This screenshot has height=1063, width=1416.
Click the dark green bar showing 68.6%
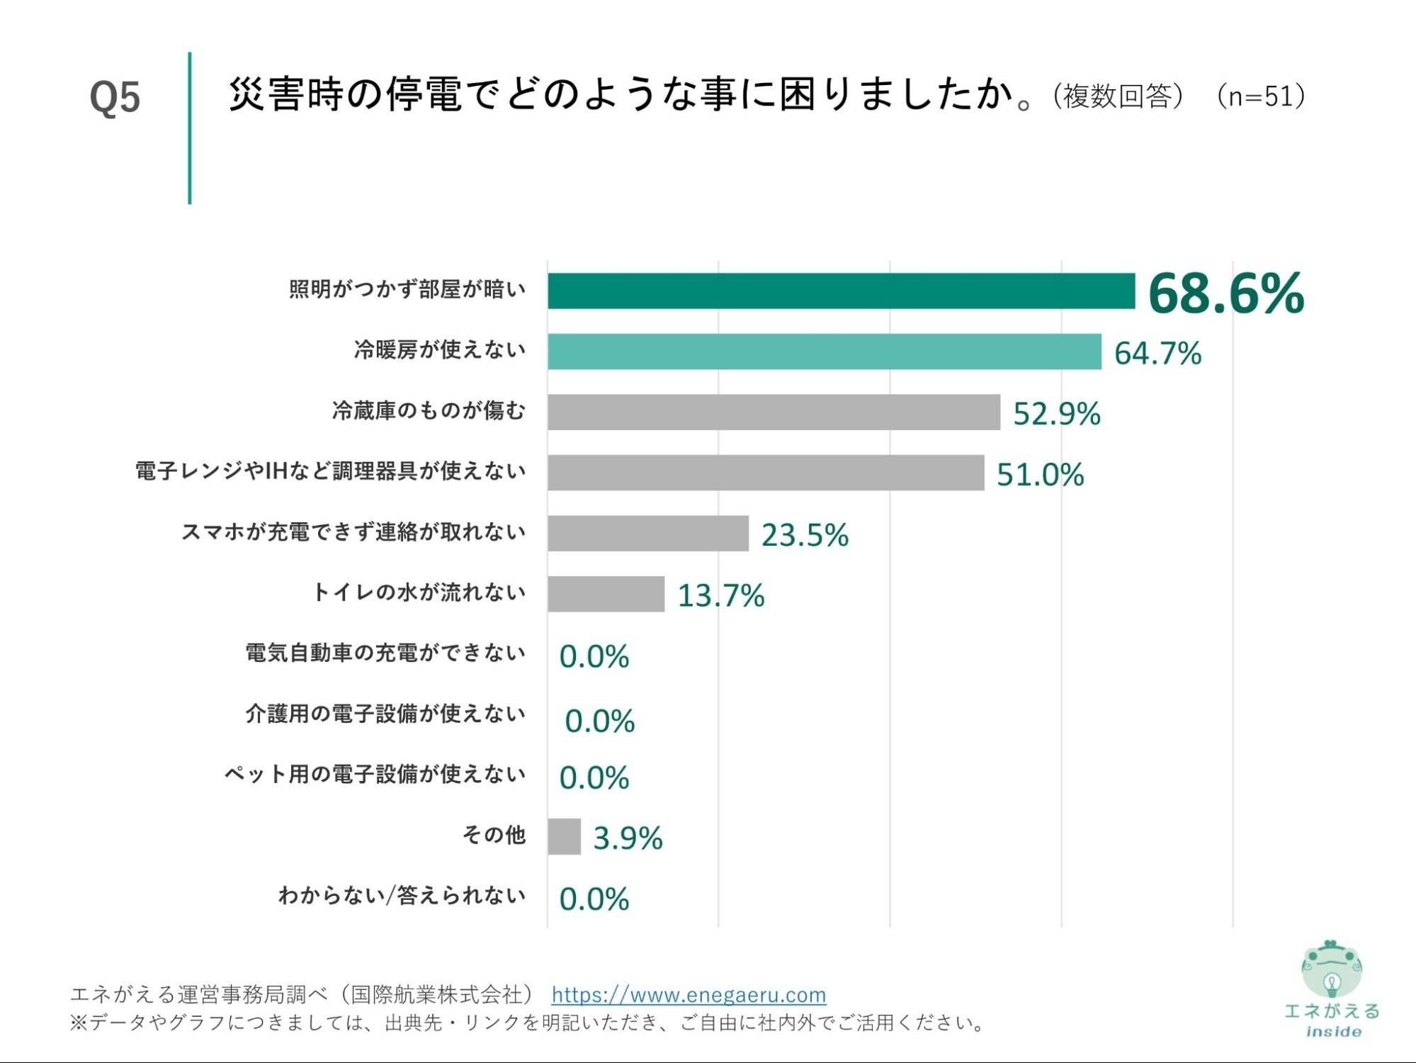(841, 291)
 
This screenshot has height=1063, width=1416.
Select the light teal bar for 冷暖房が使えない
(824, 351)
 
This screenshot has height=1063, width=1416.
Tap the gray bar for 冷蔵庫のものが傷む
(774, 412)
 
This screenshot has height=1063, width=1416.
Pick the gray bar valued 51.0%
(765, 473)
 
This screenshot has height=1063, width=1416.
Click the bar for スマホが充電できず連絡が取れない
(647, 534)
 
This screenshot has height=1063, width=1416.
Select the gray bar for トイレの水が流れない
(606, 594)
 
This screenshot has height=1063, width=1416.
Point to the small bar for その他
(564, 837)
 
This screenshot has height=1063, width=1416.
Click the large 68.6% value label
(1225, 293)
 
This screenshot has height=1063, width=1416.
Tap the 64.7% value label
(1157, 353)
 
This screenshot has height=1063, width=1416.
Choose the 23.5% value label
(805, 535)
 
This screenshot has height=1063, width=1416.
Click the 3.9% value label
(628, 838)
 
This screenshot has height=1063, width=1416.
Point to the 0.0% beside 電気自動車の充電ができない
(594, 656)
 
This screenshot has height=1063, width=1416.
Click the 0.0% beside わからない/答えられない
(594, 899)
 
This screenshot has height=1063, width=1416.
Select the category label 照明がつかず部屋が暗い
(407, 290)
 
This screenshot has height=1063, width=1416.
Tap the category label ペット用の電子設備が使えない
(375, 774)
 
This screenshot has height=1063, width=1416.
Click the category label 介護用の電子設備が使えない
(385, 714)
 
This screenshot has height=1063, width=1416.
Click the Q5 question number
(115, 97)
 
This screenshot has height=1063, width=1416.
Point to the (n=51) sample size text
(1260, 96)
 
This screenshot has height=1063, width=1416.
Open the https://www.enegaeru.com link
(689, 995)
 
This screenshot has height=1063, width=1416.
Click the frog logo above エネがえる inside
(1332, 969)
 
